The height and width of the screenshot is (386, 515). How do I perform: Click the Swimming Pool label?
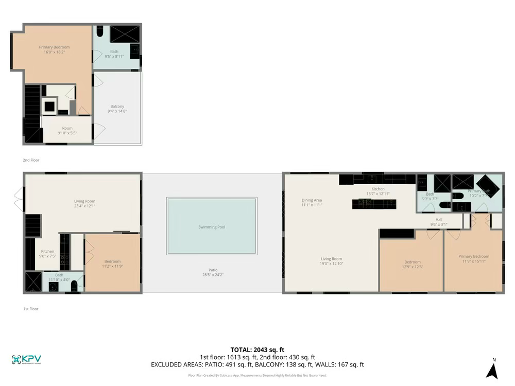point(212,227)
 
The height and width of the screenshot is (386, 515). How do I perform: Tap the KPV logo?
point(26,360)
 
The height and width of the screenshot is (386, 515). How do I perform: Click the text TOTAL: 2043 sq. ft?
point(257,350)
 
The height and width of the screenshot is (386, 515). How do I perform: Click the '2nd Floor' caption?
point(31,160)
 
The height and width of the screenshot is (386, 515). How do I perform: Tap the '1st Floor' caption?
point(31,309)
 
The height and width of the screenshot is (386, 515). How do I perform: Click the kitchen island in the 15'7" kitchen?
point(374,204)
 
